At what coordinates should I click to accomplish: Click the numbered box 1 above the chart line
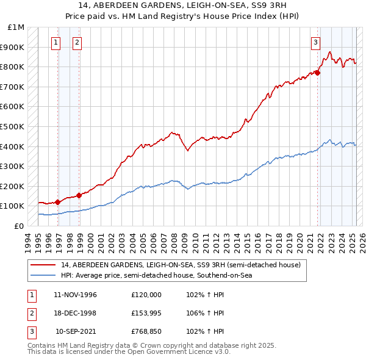click(56, 42)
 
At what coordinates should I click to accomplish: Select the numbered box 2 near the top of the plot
click(77, 42)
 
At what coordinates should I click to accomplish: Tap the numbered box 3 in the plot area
click(315, 42)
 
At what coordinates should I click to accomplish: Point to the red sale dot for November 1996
click(57, 202)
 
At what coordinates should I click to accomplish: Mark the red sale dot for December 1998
click(79, 195)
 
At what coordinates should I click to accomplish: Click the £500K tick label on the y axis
click(12, 126)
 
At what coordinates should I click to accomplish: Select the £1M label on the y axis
click(16, 27)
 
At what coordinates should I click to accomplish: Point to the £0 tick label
click(20, 226)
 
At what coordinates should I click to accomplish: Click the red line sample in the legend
click(43, 265)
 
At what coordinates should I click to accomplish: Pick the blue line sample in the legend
click(43, 276)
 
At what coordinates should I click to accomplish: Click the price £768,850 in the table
click(146, 331)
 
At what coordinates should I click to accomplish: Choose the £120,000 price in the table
click(146, 295)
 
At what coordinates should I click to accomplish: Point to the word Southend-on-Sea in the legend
click(231, 276)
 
